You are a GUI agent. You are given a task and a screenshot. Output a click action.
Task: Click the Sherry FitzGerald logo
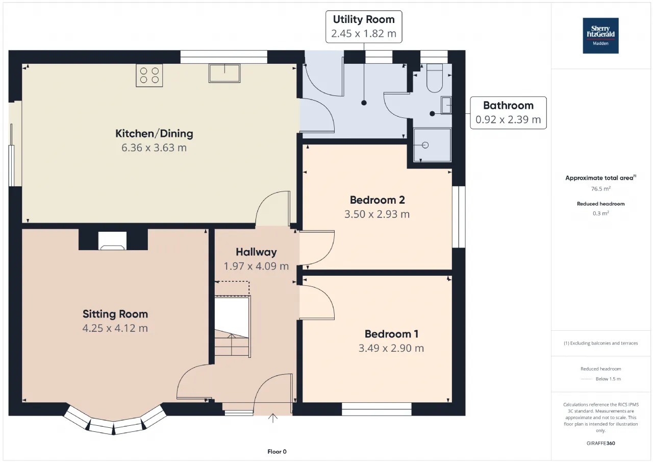click(600, 36)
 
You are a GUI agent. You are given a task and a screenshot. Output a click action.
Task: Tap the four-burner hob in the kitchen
click(149, 75)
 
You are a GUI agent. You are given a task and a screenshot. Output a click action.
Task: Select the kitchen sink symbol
click(224, 73)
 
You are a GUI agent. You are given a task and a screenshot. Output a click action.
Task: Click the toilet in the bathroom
click(435, 78)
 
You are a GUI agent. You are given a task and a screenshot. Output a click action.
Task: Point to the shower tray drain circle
click(425, 145)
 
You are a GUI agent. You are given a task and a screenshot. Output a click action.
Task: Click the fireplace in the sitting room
click(113, 240)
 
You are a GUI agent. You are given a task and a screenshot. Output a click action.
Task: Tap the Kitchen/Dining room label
click(154, 134)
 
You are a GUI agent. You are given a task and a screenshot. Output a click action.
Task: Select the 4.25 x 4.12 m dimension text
click(115, 328)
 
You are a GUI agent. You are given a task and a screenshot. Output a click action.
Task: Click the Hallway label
click(256, 252)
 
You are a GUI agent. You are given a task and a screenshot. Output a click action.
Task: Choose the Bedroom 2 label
click(377, 200)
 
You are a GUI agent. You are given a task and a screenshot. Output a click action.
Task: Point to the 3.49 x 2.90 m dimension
click(391, 348)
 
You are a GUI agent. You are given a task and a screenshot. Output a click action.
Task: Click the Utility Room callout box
click(364, 27)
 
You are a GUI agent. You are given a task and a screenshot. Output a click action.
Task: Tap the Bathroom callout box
click(508, 113)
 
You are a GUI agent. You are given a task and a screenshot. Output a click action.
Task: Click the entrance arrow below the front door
click(272, 418)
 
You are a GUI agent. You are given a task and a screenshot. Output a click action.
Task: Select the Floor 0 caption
click(277, 451)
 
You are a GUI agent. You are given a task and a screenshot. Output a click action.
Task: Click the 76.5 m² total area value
click(601, 189)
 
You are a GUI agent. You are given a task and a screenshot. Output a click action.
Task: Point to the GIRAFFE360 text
click(601, 443)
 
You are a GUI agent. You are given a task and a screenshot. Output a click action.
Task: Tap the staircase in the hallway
click(233, 327)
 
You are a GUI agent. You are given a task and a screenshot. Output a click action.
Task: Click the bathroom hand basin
click(446, 105)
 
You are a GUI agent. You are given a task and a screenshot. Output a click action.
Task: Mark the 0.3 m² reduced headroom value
click(601, 213)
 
